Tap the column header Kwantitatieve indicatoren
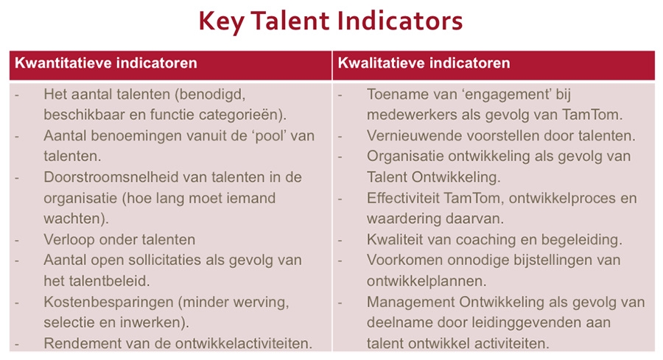pos(105,63)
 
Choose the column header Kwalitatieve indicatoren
pos(424,63)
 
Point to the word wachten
pos(70,219)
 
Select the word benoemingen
pos(133,136)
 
